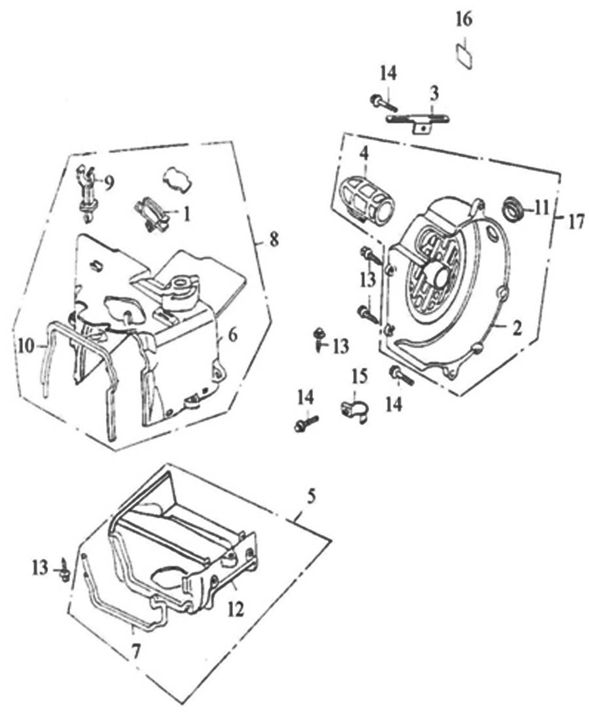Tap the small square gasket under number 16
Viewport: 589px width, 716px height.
pos(464,54)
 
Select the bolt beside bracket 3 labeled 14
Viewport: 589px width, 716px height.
pos(384,101)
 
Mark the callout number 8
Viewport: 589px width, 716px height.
pos(274,240)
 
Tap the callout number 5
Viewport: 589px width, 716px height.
pos(311,495)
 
